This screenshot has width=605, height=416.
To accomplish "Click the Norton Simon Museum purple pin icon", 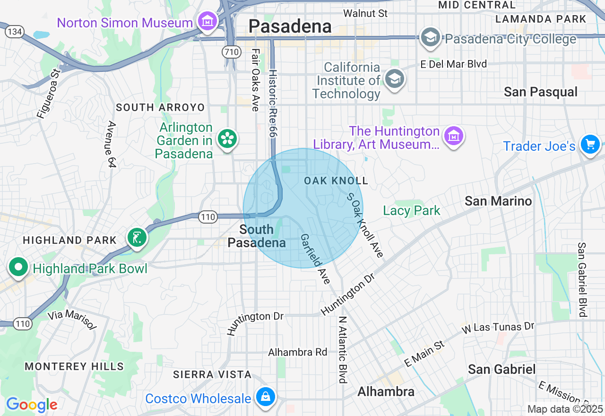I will (x=207, y=22).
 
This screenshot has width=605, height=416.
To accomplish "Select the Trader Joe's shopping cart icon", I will (x=590, y=145).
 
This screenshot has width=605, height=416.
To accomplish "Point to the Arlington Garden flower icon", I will (x=228, y=139).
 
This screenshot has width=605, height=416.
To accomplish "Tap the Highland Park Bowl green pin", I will (x=18, y=268).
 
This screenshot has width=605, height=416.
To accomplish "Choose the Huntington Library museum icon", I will (x=454, y=137).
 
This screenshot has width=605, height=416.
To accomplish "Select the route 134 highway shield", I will (x=15, y=32).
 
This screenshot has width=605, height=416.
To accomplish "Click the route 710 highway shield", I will (x=232, y=52).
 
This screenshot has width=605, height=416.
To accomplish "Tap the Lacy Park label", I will (x=412, y=210).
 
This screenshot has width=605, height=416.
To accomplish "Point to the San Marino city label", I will (x=498, y=201).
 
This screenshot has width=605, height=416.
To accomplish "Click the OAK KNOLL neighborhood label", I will (x=336, y=181).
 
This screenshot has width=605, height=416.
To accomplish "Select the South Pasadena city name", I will (x=257, y=236).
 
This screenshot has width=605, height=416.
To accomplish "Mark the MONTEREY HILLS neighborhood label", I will (x=74, y=366).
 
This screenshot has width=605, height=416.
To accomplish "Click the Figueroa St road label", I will (x=49, y=94).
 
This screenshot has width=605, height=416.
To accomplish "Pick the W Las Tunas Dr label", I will (x=498, y=327).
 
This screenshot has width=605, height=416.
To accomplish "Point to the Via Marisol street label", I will (x=72, y=320).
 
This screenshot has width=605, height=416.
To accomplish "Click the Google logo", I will (x=32, y=405).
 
